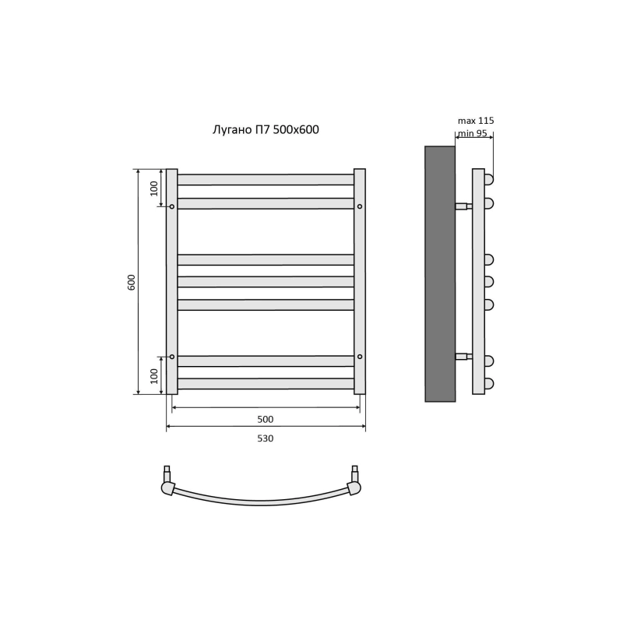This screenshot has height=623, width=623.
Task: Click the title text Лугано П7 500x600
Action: pos(266,130)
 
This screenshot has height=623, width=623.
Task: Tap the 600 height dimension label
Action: pos(132,282)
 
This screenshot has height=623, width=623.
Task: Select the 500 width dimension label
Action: pos(266,419)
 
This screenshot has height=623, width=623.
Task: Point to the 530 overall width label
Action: pos(266,438)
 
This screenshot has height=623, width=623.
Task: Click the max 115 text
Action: pos(476,121)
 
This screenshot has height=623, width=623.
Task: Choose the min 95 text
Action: pos(473,133)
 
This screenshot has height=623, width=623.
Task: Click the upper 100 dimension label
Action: pos(154,188)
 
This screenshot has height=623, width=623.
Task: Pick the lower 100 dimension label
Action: pos(154,376)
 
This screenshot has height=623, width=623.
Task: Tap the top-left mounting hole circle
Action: pos(172,206)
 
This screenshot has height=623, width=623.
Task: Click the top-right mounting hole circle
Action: pos(360,206)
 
